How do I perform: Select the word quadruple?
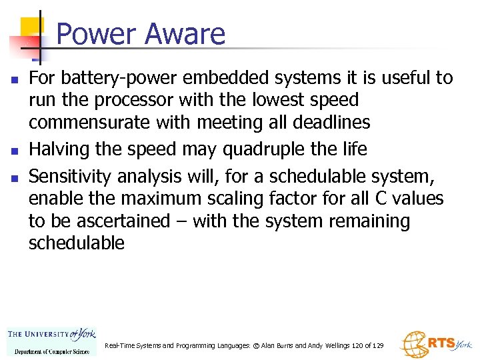click(295, 149)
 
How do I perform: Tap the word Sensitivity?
click(71, 176)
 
